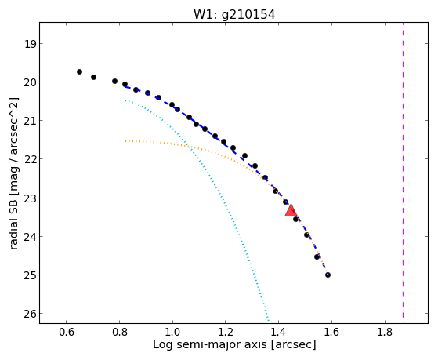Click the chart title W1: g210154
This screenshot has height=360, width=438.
234,15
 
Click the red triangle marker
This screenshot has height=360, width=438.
291,210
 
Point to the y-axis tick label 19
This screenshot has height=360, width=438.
30,44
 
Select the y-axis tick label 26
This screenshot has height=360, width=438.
30,314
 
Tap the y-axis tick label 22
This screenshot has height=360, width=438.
30,159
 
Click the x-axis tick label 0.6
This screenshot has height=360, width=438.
66,332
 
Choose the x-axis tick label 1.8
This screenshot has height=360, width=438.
385,332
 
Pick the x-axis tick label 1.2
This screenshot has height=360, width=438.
226,332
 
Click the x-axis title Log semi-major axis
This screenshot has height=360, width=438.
209,344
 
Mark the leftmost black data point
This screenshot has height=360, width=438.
79,71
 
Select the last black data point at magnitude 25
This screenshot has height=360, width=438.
328,275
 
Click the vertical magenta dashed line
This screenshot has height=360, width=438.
403,170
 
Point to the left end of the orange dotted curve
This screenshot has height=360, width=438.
125,141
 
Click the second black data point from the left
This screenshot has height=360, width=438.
93,77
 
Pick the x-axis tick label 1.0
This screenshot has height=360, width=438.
172,332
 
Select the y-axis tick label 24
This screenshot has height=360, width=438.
30,237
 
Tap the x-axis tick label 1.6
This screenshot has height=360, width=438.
331,332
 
